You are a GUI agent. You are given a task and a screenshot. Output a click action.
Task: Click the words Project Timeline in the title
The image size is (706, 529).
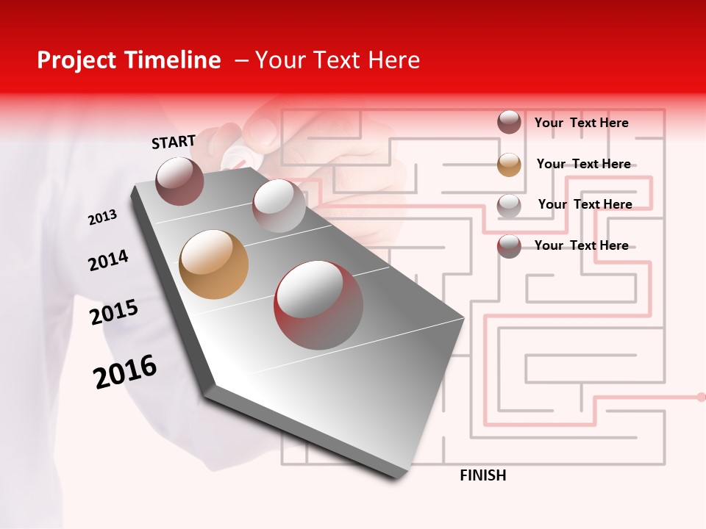[x=129, y=60]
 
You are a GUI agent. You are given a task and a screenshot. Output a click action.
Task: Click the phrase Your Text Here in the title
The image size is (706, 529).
[x=337, y=60]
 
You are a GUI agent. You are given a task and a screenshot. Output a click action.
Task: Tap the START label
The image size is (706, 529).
[x=174, y=142]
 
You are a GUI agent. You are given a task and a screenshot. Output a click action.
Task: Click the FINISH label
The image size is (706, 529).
[x=482, y=475]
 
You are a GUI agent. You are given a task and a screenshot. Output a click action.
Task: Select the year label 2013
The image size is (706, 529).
[x=103, y=217]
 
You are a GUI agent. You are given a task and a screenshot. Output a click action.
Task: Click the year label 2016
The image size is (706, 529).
[x=125, y=372]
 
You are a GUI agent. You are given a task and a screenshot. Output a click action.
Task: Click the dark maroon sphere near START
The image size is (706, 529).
[x=180, y=181]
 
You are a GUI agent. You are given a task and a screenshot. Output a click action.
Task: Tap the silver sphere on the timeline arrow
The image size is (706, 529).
[x=279, y=206]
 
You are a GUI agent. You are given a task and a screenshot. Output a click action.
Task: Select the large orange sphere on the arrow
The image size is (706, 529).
[x=214, y=264]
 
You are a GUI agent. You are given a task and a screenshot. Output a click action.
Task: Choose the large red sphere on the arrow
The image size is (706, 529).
[x=318, y=305]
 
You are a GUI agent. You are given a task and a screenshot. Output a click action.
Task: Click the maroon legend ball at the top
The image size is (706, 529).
[x=509, y=123]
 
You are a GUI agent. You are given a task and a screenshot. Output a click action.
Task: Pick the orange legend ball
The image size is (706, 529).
[x=509, y=165]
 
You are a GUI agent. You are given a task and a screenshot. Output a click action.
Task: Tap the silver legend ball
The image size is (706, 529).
[x=509, y=206]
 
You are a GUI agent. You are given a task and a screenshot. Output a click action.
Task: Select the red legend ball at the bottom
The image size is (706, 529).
[x=509, y=246]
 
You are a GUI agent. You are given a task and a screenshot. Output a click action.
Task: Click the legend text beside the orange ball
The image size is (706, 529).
[x=583, y=164]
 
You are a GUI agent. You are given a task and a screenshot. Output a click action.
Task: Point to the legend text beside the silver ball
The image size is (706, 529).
[x=585, y=204]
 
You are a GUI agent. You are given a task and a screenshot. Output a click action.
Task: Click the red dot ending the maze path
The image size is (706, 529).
[x=701, y=397]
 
